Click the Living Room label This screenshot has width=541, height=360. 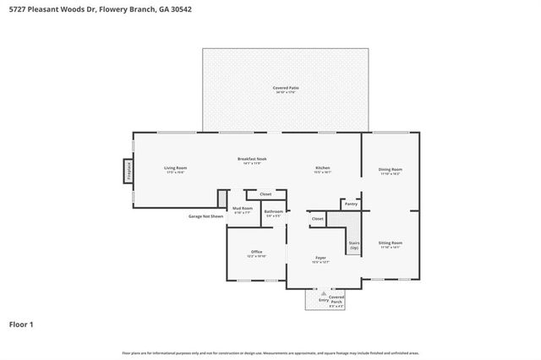pyautogui.click(x=175, y=169)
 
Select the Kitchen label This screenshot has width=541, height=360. pyautogui.click(x=322, y=169)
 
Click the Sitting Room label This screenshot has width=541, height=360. pyautogui.click(x=390, y=244)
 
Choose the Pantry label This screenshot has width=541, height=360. pyautogui.click(x=352, y=204)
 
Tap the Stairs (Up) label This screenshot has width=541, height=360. pyautogui.click(x=354, y=245)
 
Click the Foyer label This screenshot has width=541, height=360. pyautogui.click(x=321, y=259)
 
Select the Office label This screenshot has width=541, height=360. pyautogui.click(x=256, y=253)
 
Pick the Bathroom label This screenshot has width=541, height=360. pyautogui.click(x=273, y=213)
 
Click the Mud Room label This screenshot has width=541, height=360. pyautogui.click(x=241, y=211)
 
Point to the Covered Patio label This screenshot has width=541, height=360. pyautogui.click(x=286, y=89)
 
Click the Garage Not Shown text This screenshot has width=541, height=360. pyautogui.click(x=205, y=216)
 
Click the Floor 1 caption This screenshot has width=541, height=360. pyautogui.click(x=21, y=324)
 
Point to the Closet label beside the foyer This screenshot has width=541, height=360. pyautogui.click(x=317, y=219)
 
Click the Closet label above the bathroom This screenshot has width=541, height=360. pyautogui.click(x=265, y=194)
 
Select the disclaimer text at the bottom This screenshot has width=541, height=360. pyautogui.click(x=270, y=352)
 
